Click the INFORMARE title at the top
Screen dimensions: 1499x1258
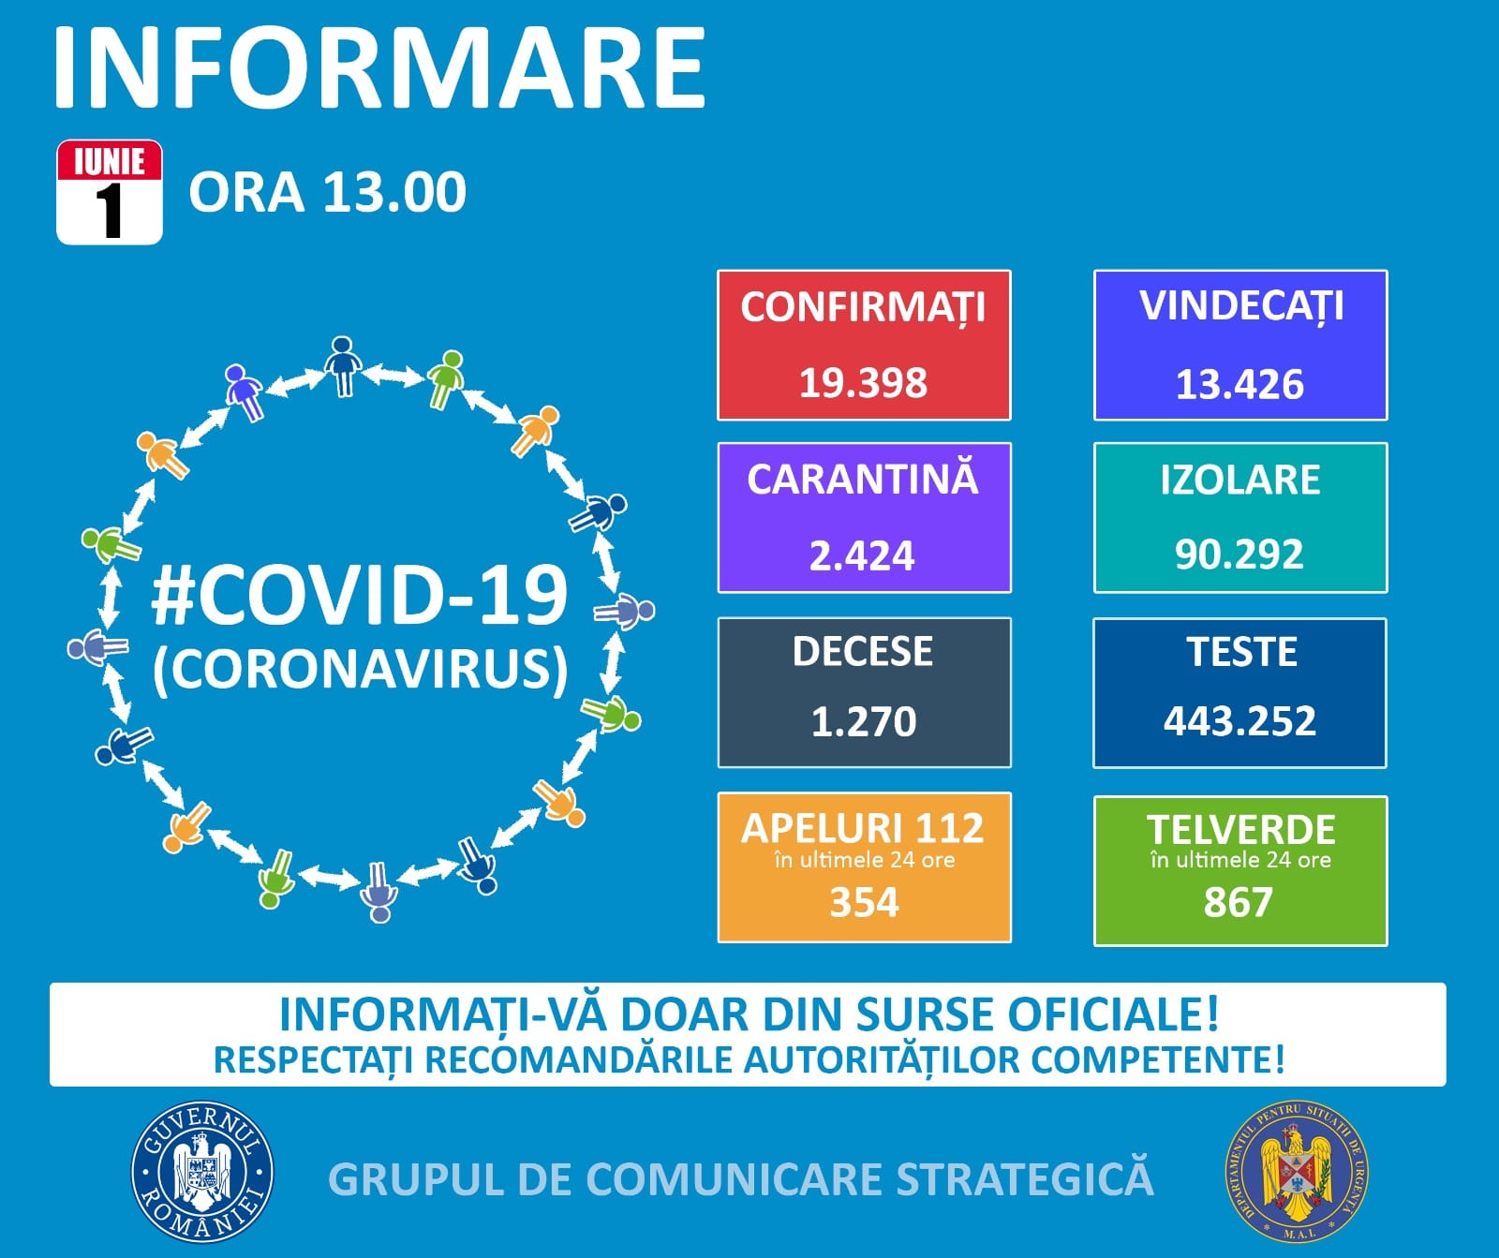click(x=379, y=68)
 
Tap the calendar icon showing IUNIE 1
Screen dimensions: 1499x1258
click(x=110, y=192)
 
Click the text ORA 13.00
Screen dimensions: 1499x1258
click(x=327, y=192)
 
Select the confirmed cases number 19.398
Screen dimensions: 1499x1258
click(x=863, y=382)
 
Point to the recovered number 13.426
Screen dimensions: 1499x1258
click(x=1239, y=384)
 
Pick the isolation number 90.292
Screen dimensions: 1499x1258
click(x=1239, y=554)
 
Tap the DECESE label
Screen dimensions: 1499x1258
click(x=863, y=651)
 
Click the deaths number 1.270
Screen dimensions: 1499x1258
click(x=863, y=721)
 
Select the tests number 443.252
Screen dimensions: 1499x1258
click(x=1239, y=720)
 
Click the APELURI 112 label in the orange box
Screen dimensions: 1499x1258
click(x=863, y=828)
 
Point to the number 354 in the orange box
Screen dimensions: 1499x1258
click(x=864, y=901)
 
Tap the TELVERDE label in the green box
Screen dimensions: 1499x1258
click(x=1240, y=829)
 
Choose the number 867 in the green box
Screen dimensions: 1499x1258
click(x=1239, y=901)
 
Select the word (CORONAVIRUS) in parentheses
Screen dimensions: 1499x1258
click(x=361, y=670)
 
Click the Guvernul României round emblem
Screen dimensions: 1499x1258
click(x=202, y=1171)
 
